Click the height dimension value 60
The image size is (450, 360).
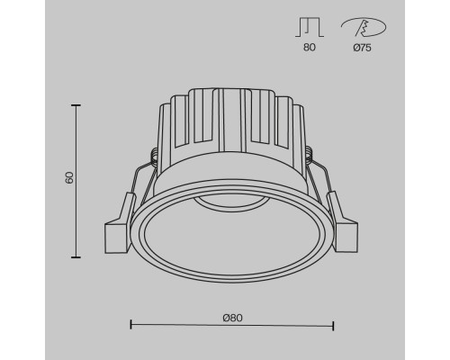point(68,177)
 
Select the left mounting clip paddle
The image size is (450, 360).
point(117,236)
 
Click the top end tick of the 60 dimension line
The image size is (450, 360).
point(76,106)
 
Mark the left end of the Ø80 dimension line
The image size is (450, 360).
point(131,323)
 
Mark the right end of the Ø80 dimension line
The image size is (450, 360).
point(334,323)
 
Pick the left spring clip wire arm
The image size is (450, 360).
point(135,184)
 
